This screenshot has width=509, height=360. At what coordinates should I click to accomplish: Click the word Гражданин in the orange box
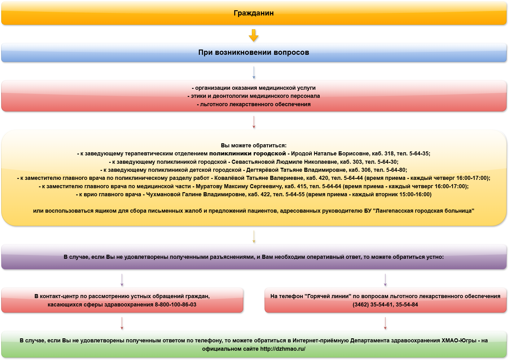click(x=254, y=13)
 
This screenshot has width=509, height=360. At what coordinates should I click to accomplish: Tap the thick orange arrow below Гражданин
click(x=254, y=35)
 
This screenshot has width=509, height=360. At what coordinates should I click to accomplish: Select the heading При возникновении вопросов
click(x=254, y=52)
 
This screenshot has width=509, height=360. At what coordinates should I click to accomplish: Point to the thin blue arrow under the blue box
click(x=254, y=73)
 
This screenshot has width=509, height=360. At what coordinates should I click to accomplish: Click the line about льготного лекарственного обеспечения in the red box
click(x=254, y=104)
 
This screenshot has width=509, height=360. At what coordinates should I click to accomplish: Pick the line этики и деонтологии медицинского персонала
click(x=254, y=96)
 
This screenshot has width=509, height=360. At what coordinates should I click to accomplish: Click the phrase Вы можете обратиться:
click(x=254, y=145)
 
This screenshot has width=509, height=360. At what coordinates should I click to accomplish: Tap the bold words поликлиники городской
click(x=248, y=154)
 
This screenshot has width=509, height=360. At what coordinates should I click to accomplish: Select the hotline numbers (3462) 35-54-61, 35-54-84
click(x=385, y=305)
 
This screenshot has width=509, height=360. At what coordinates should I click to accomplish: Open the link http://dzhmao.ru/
click(x=283, y=349)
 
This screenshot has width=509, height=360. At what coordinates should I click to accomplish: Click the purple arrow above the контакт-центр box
click(x=122, y=280)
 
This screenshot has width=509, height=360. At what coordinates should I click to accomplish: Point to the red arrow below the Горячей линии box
click(x=385, y=323)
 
